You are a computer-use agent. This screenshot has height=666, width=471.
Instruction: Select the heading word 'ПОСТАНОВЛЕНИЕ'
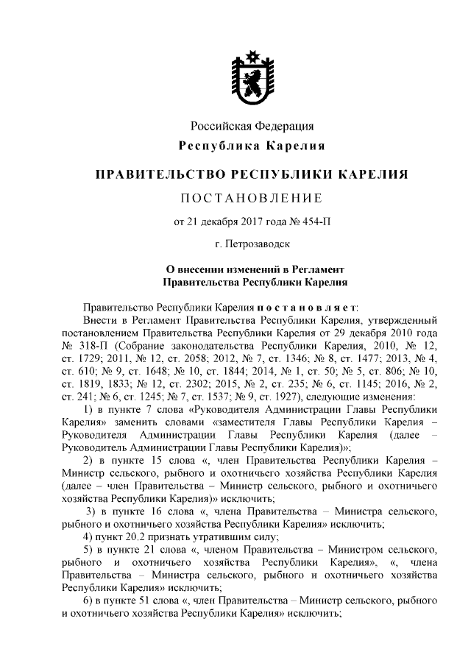point(252,197)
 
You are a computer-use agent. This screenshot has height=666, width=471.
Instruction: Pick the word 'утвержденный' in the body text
point(403,321)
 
